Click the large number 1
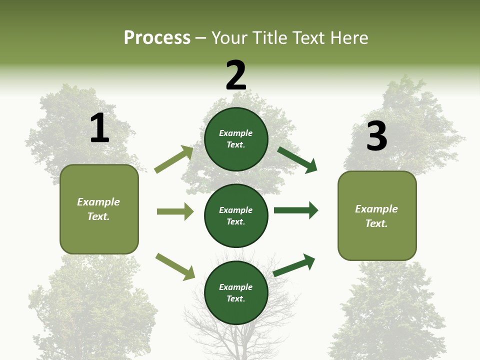click(99, 128)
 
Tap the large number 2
click(236, 75)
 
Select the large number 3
click(377, 136)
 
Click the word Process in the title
click(157, 37)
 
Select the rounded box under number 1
click(99, 209)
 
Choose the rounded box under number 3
click(377, 215)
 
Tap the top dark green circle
click(236, 138)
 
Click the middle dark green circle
click(236, 215)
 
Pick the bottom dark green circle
click(236, 292)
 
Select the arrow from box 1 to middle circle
click(175, 211)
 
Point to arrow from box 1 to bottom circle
click(175, 266)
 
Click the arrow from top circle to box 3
click(297, 159)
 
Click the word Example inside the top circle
click(236, 133)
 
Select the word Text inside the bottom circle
click(235, 298)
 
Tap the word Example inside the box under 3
click(376, 209)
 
